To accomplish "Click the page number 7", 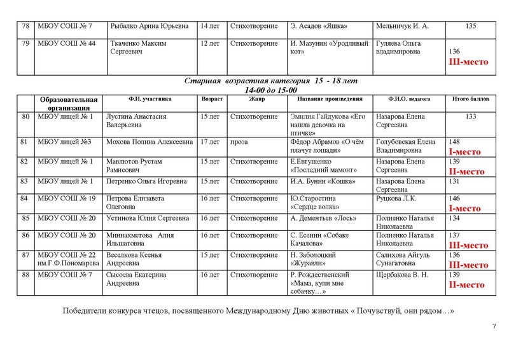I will [x=494, y=327].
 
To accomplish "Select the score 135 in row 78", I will [x=471, y=26].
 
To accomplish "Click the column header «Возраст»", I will [x=212, y=100].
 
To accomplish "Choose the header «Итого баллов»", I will [x=471, y=100].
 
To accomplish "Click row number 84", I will [x=26, y=198].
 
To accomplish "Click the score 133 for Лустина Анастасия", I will [x=471, y=116].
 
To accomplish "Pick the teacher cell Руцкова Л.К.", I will [x=398, y=198].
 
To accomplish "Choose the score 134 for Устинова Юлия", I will [x=454, y=218].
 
